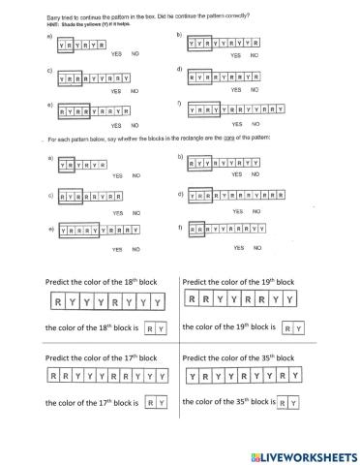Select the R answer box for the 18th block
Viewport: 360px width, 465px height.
[150, 329]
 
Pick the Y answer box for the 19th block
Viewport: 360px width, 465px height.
[301, 329]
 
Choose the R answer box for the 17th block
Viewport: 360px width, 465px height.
[150, 401]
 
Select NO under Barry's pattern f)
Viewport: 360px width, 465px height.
[255, 124]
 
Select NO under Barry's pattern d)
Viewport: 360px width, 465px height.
[255, 90]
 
